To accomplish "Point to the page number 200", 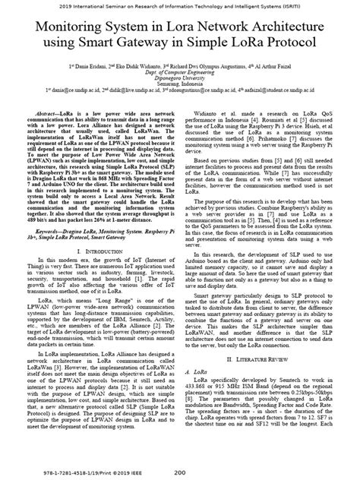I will pos(180,470).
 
